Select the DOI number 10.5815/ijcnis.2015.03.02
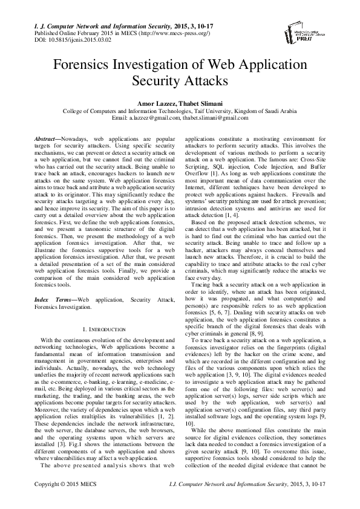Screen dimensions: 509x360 coord(67,41)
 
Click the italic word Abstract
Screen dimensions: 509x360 coord(47,139)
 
